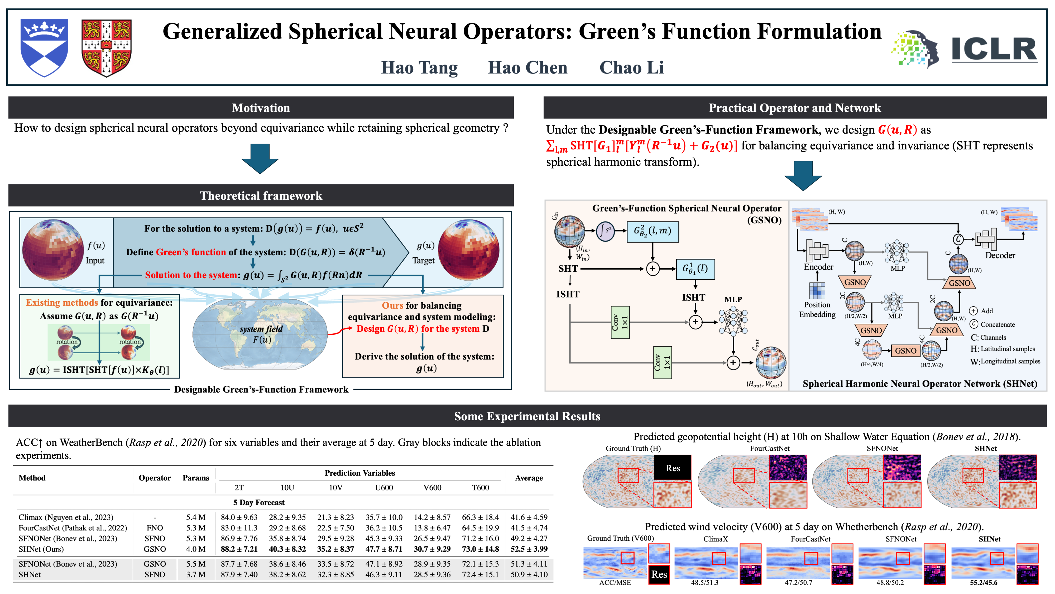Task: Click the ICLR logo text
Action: [994, 49]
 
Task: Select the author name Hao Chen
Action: [527, 68]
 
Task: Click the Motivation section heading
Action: [261, 108]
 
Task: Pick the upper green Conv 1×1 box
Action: [620, 322]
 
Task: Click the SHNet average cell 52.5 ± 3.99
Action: [529, 549]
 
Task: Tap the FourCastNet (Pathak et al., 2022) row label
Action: [73, 528]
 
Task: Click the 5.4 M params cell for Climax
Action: [196, 517]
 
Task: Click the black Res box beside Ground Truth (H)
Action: [673, 468]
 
